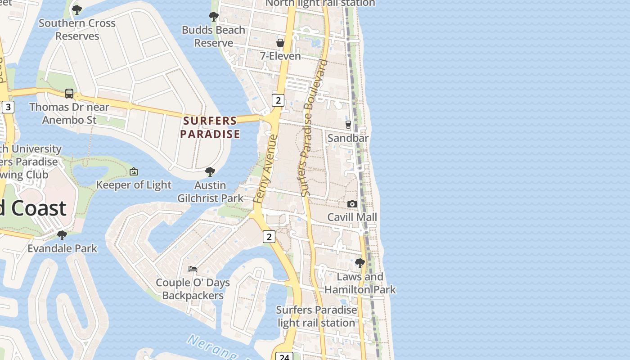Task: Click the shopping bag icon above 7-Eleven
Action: pyautogui.click(x=280, y=43)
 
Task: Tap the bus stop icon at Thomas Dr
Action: pyautogui.click(x=69, y=94)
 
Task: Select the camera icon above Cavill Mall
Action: pyautogui.click(x=352, y=204)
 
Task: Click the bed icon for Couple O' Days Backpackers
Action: pyautogui.click(x=193, y=269)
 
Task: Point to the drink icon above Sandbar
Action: pyautogui.click(x=348, y=124)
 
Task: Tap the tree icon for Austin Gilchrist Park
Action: pyautogui.click(x=210, y=171)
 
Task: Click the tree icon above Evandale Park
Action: pyautogui.click(x=62, y=235)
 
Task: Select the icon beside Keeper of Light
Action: pyautogui.click(x=134, y=171)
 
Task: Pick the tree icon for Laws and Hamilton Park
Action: pyautogui.click(x=360, y=263)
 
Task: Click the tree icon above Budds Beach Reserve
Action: pyautogui.click(x=214, y=17)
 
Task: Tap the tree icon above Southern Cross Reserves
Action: pyautogui.click(x=77, y=9)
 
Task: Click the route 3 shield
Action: pyautogui.click(x=8, y=107)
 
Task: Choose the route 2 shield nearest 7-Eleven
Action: pyautogui.click(x=278, y=100)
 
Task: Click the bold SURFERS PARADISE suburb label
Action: pyautogui.click(x=210, y=127)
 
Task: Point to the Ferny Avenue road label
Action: pyautogui.click(x=265, y=169)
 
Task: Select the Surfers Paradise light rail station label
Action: pyautogui.click(x=316, y=316)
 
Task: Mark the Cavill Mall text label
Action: pyautogui.click(x=352, y=217)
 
